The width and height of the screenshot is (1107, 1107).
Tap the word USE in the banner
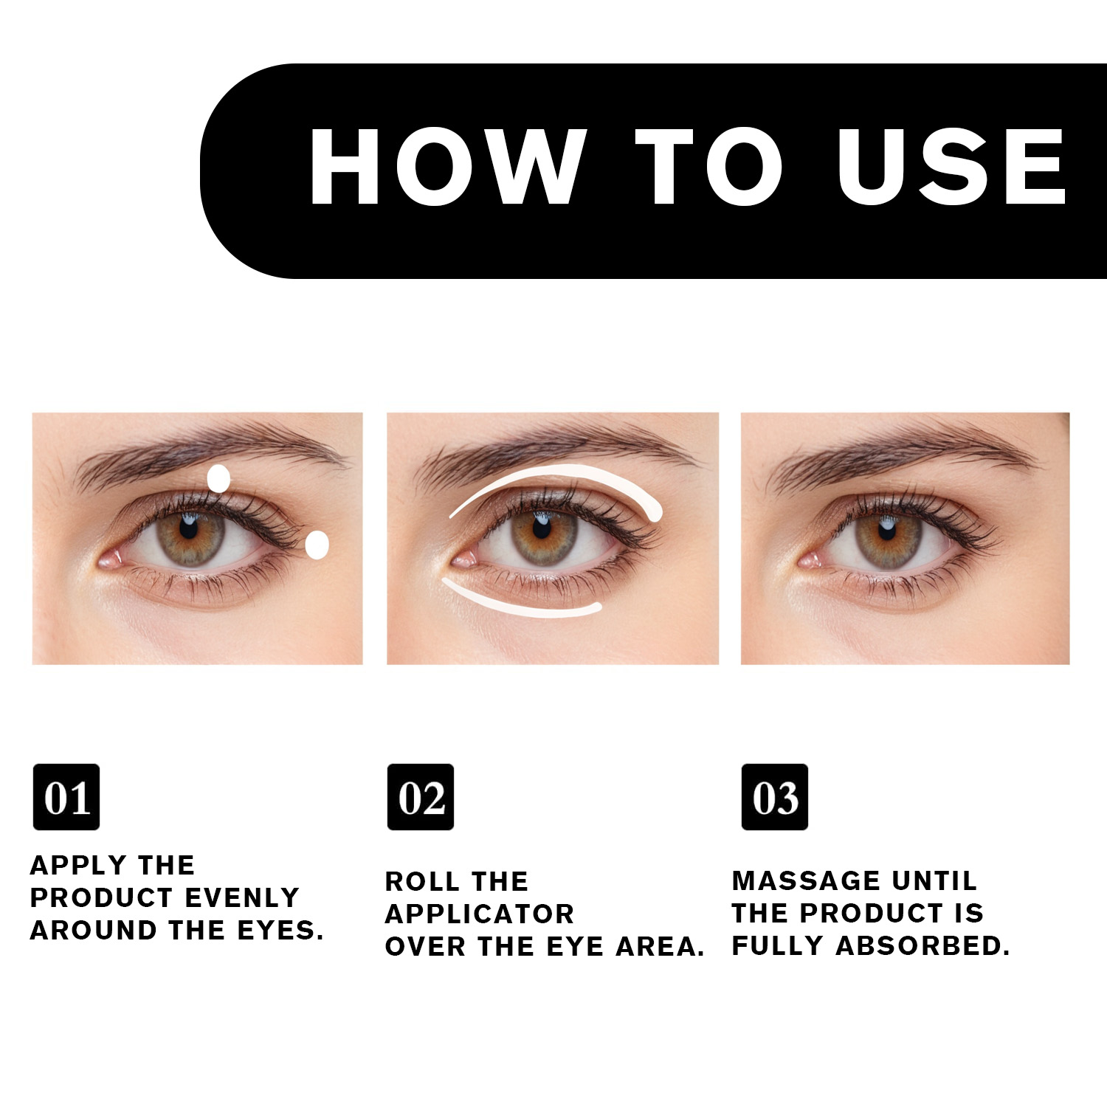pos(952,166)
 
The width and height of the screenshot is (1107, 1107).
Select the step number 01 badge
pos(66,797)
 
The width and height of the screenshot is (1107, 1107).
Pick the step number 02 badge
pos(421,797)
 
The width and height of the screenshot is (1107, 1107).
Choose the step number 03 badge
pos(775,797)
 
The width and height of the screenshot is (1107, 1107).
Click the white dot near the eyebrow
pos(218,479)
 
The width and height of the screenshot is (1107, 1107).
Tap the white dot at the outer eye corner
pos(317,545)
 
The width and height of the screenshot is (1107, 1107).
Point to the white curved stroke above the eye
pos(561,475)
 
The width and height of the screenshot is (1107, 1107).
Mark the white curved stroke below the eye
pos(517,607)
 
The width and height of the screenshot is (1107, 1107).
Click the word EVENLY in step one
pos(242,897)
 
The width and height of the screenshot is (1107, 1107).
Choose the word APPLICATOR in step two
pos(480,914)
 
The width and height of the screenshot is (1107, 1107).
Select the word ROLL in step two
pos(421,881)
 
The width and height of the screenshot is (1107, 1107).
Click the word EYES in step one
pos(280,931)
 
